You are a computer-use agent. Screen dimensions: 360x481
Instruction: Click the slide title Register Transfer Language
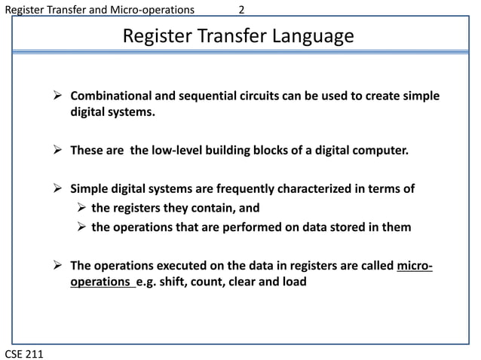237,36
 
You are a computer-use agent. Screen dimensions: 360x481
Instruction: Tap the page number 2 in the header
241,10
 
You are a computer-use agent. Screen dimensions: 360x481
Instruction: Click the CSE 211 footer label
23,352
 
